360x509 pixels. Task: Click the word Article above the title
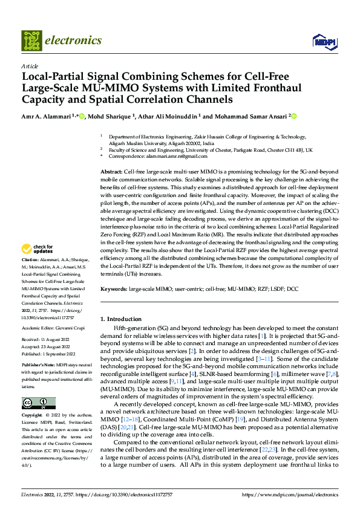(30, 66)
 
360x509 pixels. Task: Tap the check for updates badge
(38, 265)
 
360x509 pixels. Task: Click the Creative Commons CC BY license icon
(39, 403)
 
